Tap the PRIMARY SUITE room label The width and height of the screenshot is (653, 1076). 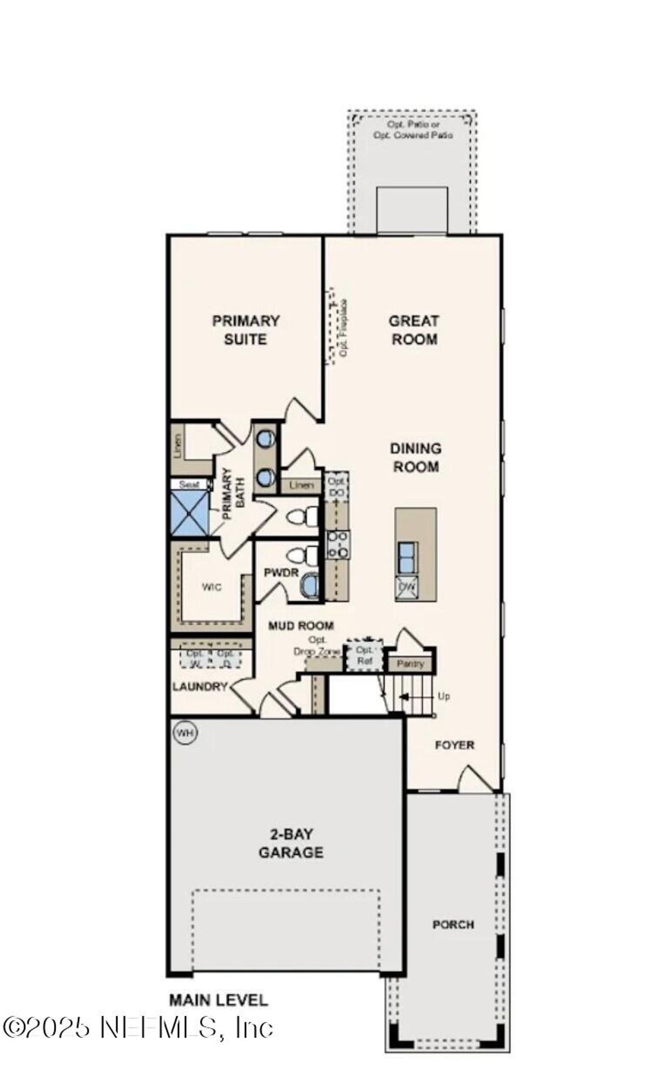246,330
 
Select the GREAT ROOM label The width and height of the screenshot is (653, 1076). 414,330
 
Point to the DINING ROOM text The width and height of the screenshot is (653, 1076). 415,457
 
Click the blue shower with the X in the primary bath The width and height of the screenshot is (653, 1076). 189,513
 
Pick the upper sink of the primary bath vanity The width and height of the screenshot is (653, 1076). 265,438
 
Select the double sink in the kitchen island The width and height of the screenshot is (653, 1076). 407,557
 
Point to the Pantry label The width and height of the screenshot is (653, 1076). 410,664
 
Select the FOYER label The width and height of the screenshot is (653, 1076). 454,745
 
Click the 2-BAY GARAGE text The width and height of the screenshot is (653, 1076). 291,843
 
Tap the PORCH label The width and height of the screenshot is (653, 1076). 453,924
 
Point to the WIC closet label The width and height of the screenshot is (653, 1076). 211,587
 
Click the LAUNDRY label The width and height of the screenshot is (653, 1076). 199,686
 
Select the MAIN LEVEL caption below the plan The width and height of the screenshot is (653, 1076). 218,1000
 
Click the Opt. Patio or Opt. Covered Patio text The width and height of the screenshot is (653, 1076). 413,130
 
